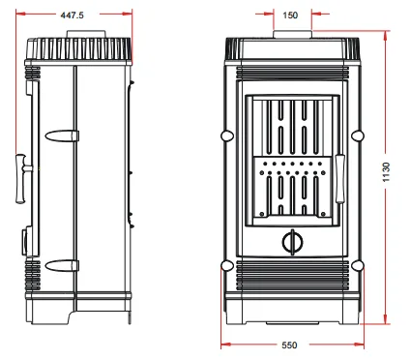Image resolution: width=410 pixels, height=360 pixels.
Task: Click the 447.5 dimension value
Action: tap(72, 15)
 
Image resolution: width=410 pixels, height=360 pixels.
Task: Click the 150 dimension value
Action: tap(290, 15)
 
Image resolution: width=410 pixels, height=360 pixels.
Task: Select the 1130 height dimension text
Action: tap(386, 172)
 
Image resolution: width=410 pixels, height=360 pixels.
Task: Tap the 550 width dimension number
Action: tap(289, 345)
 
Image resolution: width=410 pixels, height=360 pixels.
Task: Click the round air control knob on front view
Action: tap(293, 242)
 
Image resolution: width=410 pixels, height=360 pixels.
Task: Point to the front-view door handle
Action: tap(340, 179)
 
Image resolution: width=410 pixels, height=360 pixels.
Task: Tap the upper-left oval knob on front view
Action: tap(227, 135)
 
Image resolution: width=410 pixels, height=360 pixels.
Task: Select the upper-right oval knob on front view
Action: tap(358, 135)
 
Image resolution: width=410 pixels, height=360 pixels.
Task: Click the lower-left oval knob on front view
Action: tap(227, 266)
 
